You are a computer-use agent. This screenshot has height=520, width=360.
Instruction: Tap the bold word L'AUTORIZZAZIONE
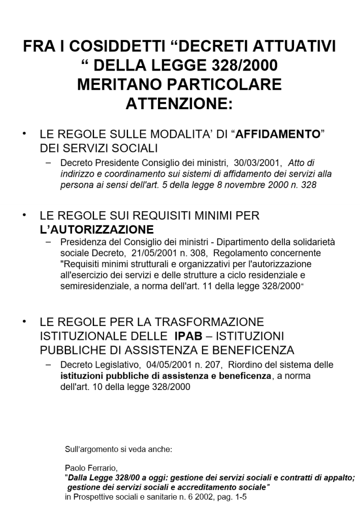coord(96,229)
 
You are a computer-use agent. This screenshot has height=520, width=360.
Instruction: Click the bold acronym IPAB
coord(190,336)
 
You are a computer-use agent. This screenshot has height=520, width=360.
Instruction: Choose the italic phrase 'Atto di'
coord(301,163)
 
